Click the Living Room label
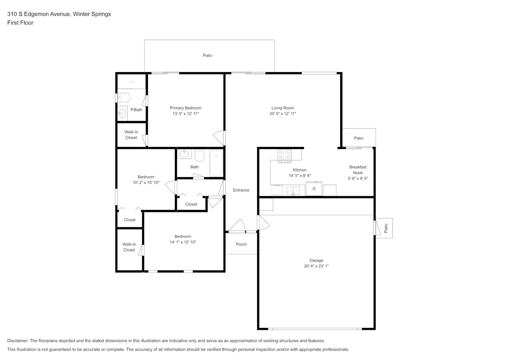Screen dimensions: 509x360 [x=283, y=108]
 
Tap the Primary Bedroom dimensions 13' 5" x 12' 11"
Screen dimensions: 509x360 [x=185, y=114]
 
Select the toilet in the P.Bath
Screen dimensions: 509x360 [x=123, y=98]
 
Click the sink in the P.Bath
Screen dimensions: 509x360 [x=122, y=113]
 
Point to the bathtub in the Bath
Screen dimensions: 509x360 [x=216, y=163]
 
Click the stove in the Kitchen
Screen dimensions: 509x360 [x=284, y=156]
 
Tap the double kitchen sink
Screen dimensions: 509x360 [x=293, y=191]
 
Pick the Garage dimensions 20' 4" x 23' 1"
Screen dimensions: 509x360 [x=316, y=266]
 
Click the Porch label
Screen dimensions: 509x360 [x=241, y=244]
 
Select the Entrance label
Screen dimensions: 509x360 [x=241, y=190]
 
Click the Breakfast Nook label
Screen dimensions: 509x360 [x=358, y=170]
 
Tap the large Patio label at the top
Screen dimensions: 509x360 [x=207, y=55]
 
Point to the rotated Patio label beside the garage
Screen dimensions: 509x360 [x=386, y=228]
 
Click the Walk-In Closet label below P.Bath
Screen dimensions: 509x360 [x=131, y=135]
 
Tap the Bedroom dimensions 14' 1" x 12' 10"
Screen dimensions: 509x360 [x=183, y=242]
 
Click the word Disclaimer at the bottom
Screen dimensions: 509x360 [x=18, y=341]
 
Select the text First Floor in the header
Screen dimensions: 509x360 [x=20, y=23]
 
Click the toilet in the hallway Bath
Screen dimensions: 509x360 [x=199, y=156]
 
